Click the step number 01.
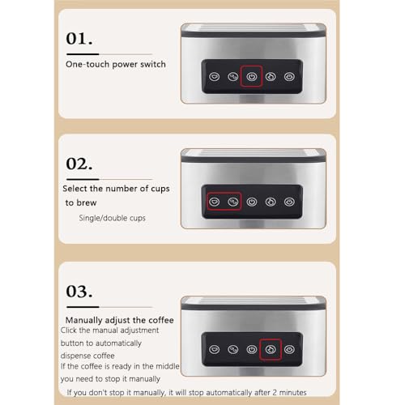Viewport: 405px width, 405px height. (79, 38)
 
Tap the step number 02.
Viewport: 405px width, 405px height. (79, 164)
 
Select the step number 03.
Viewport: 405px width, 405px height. (79, 292)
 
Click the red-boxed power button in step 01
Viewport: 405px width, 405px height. (252, 77)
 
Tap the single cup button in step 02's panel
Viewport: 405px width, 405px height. (215, 202)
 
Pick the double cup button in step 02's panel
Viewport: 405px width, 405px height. (233, 202)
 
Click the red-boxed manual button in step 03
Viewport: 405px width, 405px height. (271, 349)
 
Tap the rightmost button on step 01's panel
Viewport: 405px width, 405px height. (289, 77)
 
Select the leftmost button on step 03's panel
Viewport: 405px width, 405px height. (215, 349)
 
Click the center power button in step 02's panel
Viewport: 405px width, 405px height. (252, 202)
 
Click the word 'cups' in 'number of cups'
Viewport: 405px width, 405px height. (160, 189)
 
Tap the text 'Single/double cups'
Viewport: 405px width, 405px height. (112, 218)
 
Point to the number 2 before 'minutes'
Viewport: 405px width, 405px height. (274, 392)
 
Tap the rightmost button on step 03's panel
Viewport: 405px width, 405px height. (289, 349)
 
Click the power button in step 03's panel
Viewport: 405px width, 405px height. (252, 349)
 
